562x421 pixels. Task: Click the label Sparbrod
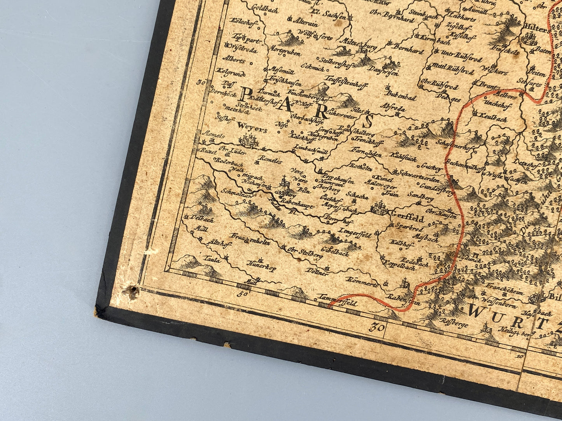coord(410,226)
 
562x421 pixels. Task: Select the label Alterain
coord(305,24)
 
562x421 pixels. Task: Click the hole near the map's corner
coord(133,289)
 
